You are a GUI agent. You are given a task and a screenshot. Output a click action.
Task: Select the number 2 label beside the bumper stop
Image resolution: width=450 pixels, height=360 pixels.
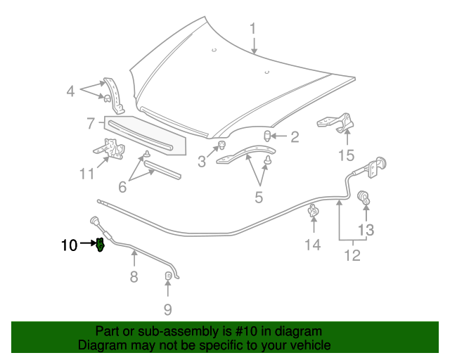[295, 136]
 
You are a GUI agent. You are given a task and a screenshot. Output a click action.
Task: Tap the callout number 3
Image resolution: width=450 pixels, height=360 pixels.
[202, 162]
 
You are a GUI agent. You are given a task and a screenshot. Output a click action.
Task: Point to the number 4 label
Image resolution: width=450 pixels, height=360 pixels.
[70, 91]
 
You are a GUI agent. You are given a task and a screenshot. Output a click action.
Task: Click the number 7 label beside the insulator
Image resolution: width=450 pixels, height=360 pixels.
[91, 124]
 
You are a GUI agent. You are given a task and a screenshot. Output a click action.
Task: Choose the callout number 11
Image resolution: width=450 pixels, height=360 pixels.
[86, 173]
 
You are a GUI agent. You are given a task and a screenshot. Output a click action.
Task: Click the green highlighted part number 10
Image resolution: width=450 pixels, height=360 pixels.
[100, 245]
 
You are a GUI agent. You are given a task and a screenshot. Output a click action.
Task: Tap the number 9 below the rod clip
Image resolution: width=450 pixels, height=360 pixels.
[167, 309]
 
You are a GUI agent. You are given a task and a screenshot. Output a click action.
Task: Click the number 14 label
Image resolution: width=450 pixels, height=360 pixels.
[312, 244]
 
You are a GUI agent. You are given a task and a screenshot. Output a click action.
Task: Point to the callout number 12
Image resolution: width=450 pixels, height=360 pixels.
[352, 255]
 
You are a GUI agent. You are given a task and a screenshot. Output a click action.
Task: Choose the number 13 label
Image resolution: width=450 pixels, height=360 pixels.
[366, 229]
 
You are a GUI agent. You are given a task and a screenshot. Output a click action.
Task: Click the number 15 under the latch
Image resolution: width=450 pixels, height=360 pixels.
[346, 155]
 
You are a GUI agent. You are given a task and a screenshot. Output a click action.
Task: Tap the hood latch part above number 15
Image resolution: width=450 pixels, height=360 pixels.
[335, 124]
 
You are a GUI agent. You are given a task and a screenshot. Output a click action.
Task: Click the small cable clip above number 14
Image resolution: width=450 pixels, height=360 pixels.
[313, 210]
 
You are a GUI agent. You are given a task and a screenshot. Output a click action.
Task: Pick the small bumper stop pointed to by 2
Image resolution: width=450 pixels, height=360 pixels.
[268, 136]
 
